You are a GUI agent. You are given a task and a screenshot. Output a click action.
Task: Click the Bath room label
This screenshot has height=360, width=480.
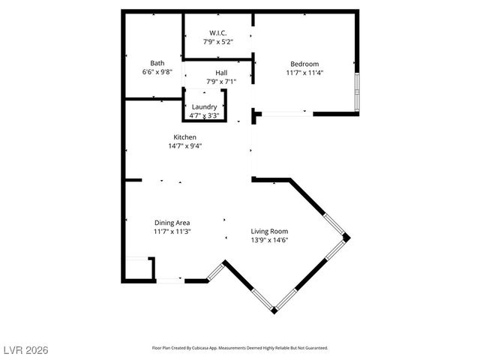157,63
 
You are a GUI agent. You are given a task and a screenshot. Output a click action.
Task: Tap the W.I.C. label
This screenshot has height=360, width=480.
217,33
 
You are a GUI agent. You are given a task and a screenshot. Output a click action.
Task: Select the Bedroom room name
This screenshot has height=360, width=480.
304,64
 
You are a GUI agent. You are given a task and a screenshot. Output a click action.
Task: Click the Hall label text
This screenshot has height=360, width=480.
221,73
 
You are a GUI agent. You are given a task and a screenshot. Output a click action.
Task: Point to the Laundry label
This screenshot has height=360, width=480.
205,107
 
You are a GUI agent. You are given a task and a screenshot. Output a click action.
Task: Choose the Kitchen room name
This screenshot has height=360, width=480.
184,137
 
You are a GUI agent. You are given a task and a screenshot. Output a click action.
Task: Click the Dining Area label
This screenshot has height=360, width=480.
172,223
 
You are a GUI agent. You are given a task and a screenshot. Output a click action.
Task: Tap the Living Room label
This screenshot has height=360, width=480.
269,231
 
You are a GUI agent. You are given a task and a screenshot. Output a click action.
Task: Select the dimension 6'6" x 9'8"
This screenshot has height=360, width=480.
157,72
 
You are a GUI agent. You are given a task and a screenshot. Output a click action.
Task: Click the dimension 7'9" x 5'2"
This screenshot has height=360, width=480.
217,42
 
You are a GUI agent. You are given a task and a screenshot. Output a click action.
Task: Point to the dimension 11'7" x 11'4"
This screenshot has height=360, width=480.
304,73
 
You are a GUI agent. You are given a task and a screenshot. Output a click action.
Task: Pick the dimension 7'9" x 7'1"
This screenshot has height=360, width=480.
221,82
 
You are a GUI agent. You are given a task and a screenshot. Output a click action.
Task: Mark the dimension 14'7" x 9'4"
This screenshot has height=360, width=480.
184,146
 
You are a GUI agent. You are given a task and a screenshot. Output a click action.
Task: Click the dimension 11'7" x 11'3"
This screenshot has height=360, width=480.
172,232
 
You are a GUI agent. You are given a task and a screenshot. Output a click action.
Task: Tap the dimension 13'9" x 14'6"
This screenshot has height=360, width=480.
269,240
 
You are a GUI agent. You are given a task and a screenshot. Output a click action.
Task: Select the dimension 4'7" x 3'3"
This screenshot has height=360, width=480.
204,115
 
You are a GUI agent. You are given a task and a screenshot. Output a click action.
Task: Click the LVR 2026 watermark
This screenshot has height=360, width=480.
24,350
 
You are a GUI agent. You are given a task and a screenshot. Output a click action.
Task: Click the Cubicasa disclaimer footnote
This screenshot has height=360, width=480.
240,348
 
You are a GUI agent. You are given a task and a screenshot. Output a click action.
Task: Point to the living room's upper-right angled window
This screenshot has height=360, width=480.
334,224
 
